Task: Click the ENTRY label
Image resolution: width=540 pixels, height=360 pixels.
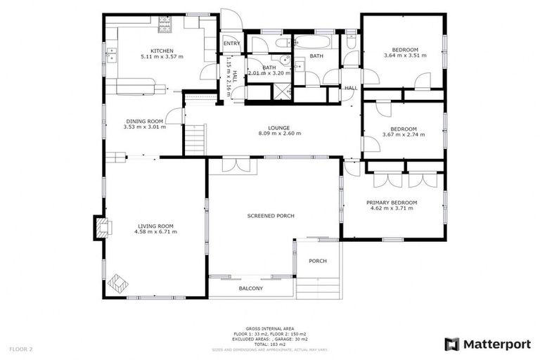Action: (231, 44)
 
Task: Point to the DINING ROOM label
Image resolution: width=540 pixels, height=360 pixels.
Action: (144, 120)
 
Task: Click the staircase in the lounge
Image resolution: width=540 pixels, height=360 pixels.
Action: (194, 139)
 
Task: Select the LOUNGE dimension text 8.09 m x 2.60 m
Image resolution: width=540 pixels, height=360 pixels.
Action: (279, 134)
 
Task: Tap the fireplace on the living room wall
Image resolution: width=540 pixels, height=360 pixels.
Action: (102, 227)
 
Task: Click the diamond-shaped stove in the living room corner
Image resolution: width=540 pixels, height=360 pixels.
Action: (117, 283)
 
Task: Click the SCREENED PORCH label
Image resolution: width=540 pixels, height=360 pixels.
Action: (271, 215)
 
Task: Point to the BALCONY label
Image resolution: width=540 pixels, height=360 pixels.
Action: (250, 288)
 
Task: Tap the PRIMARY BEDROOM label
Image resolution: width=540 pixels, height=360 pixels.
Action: (392, 202)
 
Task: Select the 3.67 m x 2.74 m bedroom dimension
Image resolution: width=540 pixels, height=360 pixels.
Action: (403, 135)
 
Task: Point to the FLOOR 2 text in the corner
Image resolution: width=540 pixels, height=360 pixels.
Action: (20, 348)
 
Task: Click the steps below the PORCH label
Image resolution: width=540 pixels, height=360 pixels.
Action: (317, 286)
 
